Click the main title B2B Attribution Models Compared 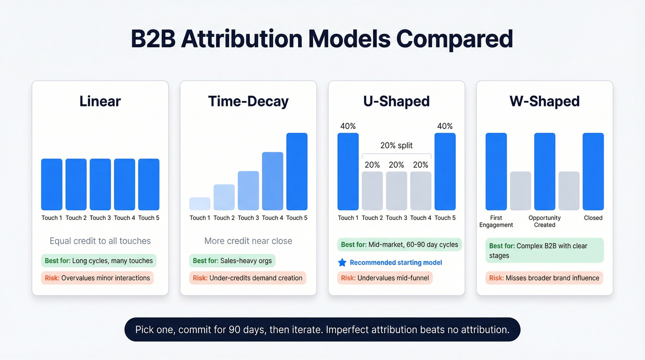[x=322, y=39]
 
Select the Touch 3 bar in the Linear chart [x=100, y=184]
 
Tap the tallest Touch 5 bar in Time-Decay [x=297, y=171]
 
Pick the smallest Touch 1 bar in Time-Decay [x=199, y=204]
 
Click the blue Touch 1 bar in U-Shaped [x=348, y=171]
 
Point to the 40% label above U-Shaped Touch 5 [x=445, y=126]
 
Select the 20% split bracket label [x=396, y=146]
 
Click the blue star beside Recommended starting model [x=342, y=262]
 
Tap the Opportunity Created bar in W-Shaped [x=545, y=171]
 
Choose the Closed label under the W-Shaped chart [x=593, y=218]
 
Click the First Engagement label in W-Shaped [x=496, y=221]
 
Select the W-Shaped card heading [x=544, y=101]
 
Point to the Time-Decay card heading [x=248, y=101]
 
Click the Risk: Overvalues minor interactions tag [x=97, y=278]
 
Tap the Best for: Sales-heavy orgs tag [x=232, y=260]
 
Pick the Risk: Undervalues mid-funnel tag [x=385, y=278]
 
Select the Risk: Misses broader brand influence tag [x=544, y=278]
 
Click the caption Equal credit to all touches [x=100, y=241]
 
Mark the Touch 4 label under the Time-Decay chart [x=272, y=218]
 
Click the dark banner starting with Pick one [x=322, y=330]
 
